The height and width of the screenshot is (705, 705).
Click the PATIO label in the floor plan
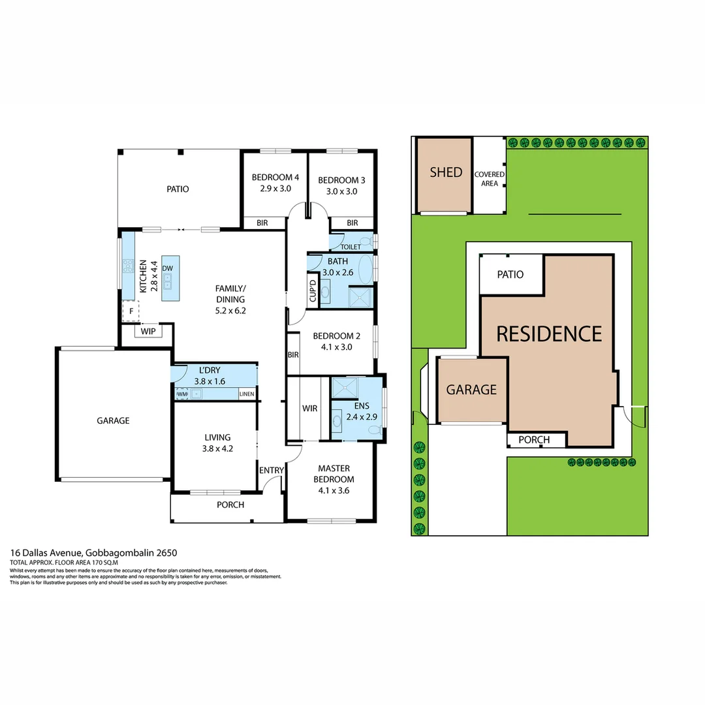[x=178, y=189]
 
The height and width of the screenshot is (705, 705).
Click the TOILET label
[x=351, y=247]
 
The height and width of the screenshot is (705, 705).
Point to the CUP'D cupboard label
[x=313, y=291]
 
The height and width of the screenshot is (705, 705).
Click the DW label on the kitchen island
[x=167, y=268]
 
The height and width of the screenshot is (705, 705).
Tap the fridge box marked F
[x=131, y=311]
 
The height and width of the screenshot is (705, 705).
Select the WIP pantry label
[x=148, y=332]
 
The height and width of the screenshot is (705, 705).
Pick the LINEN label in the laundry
[x=246, y=394]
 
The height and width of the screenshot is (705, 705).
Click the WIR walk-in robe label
[x=309, y=409]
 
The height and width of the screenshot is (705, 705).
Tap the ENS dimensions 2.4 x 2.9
[x=362, y=416]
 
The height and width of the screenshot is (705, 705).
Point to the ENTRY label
[x=272, y=471]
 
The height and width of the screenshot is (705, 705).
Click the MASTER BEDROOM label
[x=334, y=474]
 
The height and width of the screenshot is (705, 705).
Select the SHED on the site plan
[x=446, y=173]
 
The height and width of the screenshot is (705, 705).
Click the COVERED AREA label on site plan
[x=489, y=179]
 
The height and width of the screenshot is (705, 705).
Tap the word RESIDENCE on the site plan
[x=549, y=334]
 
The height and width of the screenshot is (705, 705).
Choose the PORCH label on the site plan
[x=534, y=440]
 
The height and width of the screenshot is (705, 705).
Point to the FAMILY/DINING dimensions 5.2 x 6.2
[x=230, y=311]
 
